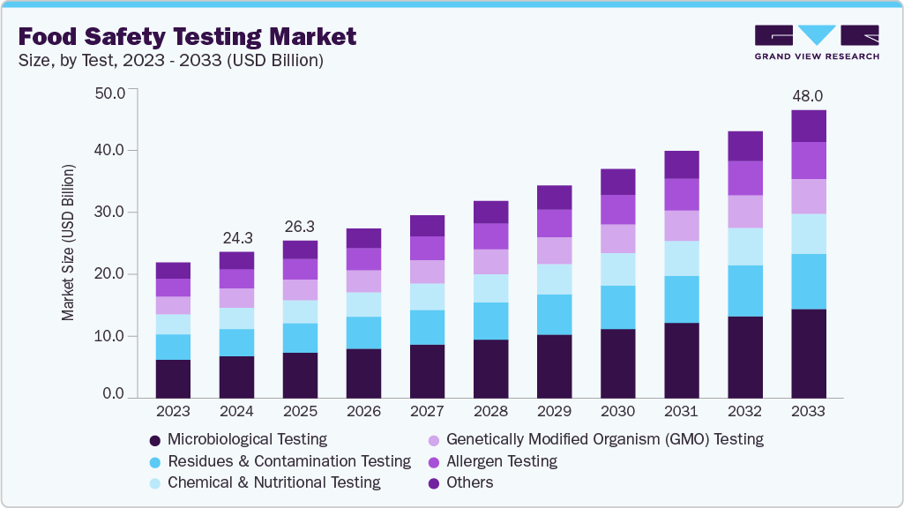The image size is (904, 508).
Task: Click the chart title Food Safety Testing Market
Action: pos(187,36)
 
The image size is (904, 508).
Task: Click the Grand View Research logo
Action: pos(817,42)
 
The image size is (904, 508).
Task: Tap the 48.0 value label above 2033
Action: pos(808,95)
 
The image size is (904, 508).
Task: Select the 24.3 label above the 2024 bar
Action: pos(236,237)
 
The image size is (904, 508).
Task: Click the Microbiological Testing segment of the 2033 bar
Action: pos(808,353)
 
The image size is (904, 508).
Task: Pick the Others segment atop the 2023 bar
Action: pos(173,271)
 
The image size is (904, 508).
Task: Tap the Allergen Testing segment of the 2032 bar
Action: pos(744,178)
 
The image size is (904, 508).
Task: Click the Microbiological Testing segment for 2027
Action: pos(427,370)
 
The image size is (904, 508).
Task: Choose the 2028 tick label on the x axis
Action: pos(490,411)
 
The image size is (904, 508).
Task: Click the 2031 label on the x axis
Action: pos(681,411)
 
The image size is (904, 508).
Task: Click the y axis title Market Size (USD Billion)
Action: pos(68,242)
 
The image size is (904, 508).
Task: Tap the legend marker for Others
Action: pos(433,482)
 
